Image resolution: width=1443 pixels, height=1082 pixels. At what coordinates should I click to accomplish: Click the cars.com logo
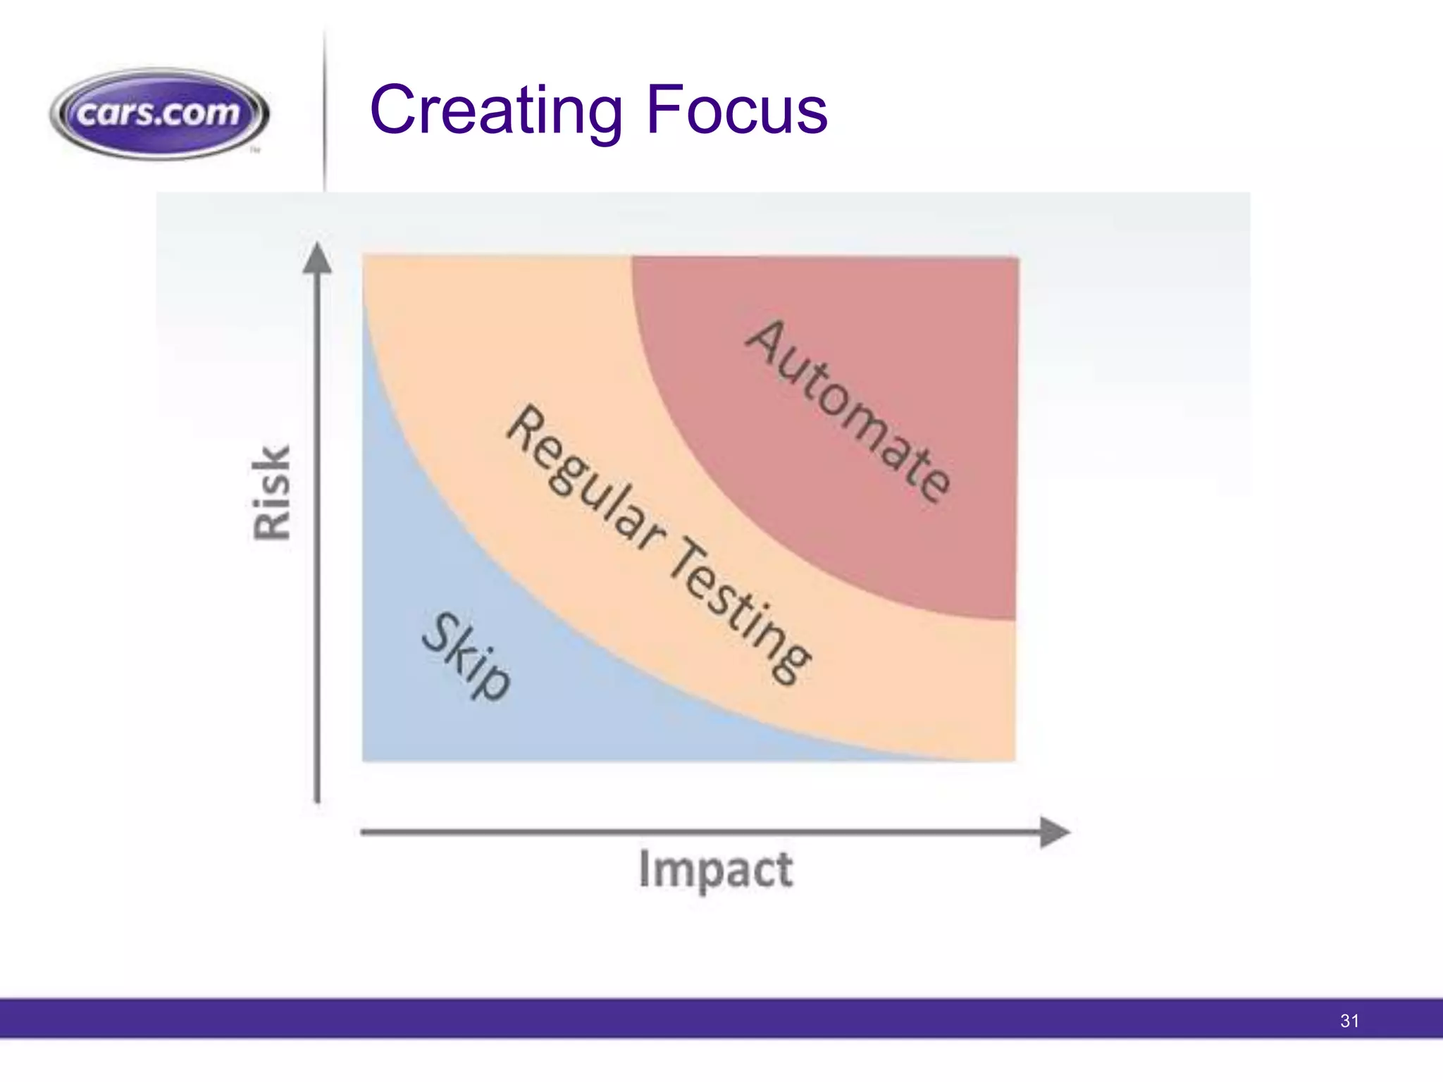pyautogui.click(x=159, y=113)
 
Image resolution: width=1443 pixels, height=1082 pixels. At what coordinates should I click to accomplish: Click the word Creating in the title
pyautogui.click(x=495, y=110)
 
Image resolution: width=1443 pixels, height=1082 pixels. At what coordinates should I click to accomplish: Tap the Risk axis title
pyautogui.click(x=271, y=492)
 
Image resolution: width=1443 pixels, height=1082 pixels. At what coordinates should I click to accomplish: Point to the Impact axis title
pyautogui.click(x=715, y=869)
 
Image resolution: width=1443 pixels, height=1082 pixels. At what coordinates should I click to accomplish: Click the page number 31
pyautogui.click(x=1349, y=1021)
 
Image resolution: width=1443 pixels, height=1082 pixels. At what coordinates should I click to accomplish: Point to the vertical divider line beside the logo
pyautogui.click(x=325, y=113)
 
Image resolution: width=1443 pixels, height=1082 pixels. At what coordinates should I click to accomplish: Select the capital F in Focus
pyautogui.click(x=665, y=110)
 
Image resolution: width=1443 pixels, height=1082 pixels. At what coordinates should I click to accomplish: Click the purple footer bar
pyautogui.click(x=705, y=1019)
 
